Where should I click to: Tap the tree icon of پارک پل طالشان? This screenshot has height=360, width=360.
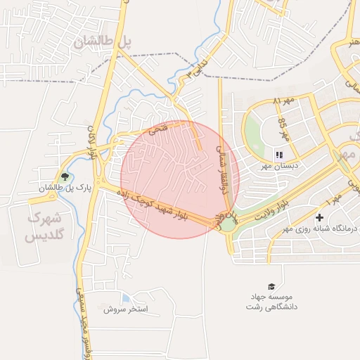(65, 176)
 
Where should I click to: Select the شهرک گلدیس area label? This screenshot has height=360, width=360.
(44, 227)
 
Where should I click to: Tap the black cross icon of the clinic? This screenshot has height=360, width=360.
(320, 218)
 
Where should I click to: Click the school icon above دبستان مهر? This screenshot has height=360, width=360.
(278, 155)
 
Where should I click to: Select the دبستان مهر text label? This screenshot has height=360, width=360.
(276, 166)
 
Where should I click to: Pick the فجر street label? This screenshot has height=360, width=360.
(159, 130)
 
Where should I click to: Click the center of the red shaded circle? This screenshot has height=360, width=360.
(180, 179)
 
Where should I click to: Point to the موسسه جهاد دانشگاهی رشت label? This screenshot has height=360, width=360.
(272, 302)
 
